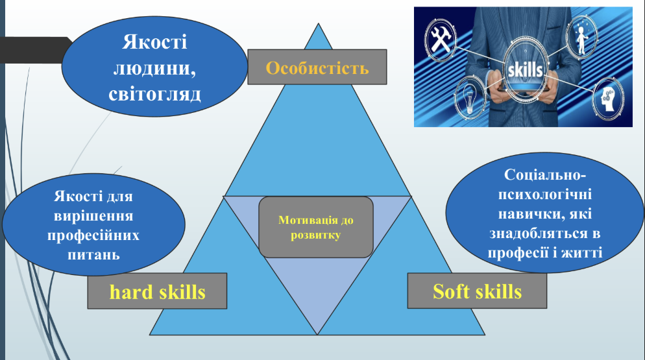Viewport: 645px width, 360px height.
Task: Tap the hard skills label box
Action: click(x=157, y=291)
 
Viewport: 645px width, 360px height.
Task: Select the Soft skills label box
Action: click(x=477, y=291)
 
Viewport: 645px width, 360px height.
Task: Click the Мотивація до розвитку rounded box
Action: click(x=316, y=227)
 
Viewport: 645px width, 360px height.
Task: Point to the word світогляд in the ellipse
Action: click(x=154, y=94)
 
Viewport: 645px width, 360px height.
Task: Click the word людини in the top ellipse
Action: click(x=154, y=68)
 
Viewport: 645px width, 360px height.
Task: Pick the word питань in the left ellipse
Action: click(x=94, y=255)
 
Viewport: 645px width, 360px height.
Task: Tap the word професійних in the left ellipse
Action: click(x=93, y=235)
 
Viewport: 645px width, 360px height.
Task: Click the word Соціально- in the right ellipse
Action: click(x=545, y=174)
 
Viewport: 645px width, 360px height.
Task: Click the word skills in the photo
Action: click(x=526, y=69)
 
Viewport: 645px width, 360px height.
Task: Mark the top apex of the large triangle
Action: click(x=318, y=23)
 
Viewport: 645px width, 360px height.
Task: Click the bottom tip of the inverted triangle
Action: click(x=317, y=334)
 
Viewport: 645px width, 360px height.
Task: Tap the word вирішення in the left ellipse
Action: click(x=93, y=216)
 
